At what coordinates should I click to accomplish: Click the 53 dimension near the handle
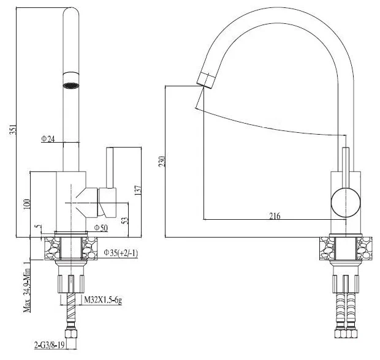[x=125, y=220]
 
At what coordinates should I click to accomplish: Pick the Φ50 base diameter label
[x=101, y=228]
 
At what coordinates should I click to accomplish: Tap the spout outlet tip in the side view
[x=205, y=79]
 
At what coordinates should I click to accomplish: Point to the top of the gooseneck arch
[x=282, y=13]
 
